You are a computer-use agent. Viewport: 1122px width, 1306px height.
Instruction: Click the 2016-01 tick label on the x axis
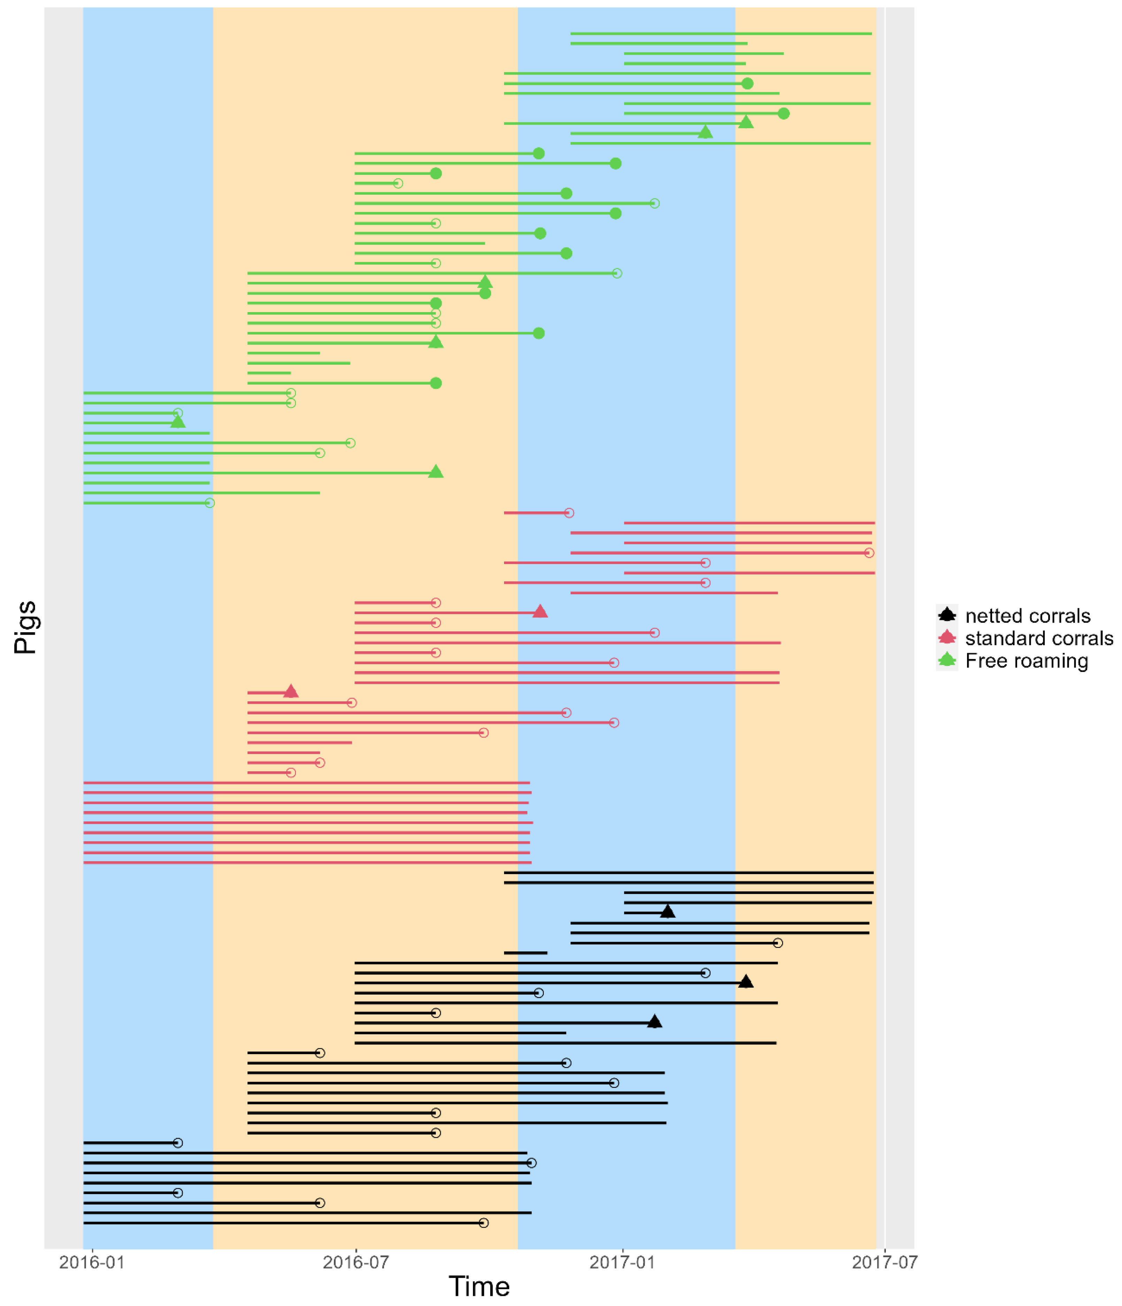point(92,1262)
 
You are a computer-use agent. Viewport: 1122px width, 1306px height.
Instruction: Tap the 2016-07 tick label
point(356,1262)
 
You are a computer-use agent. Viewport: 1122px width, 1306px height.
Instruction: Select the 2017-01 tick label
point(622,1262)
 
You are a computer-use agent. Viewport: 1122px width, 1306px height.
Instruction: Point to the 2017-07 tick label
point(884,1262)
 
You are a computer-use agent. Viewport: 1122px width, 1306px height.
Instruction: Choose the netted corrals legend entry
point(1028,616)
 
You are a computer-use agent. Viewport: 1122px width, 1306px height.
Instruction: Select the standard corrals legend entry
point(1039,639)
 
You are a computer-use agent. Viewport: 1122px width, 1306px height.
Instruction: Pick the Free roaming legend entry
point(1026,661)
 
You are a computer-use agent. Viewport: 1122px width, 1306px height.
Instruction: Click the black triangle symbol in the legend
point(947,615)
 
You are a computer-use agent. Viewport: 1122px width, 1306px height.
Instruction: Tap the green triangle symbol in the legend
point(947,660)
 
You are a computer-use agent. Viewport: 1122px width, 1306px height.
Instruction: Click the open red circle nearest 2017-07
point(869,553)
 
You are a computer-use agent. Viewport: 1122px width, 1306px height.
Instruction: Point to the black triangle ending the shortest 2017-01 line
point(667,911)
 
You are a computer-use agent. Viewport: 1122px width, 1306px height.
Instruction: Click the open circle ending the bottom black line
point(483,1223)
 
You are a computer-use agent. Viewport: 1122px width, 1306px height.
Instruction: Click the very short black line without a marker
point(525,952)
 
